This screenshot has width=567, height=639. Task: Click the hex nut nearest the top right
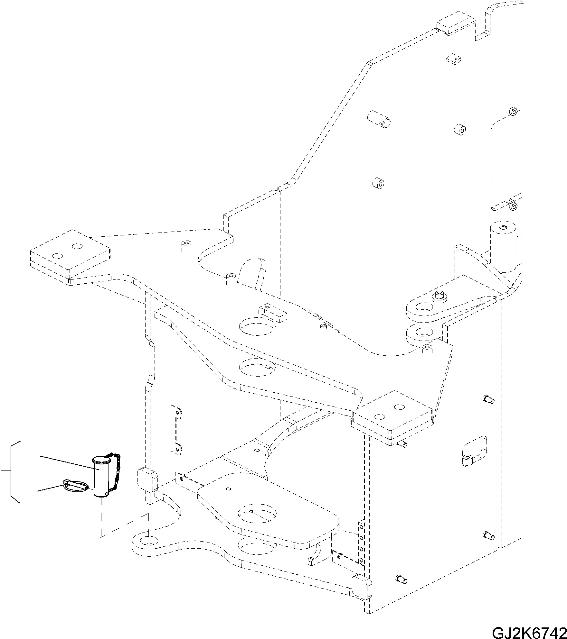[513, 112]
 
